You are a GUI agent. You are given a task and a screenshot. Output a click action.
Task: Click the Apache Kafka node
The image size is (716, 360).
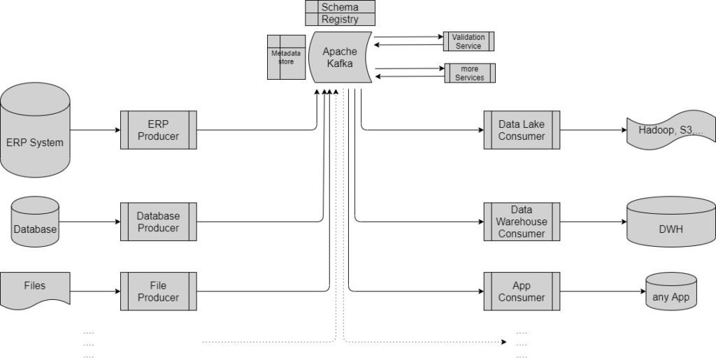pyautogui.click(x=341, y=57)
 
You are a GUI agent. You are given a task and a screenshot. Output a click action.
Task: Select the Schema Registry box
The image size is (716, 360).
pyautogui.click(x=341, y=13)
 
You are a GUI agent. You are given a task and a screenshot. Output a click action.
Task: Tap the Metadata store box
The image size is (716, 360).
pyautogui.click(x=286, y=57)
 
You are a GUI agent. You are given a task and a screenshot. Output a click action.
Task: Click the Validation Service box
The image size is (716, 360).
pyautogui.click(x=468, y=41)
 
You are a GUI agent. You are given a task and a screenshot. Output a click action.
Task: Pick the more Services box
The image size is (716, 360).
pyautogui.click(x=470, y=73)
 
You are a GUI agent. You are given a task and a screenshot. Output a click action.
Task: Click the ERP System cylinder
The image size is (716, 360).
pyautogui.click(x=35, y=130)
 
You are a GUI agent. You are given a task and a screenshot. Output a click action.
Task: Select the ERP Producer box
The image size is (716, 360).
pyautogui.click(x=159, y=130)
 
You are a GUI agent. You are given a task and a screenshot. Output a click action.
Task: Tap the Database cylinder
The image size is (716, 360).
pyautogui.click(x=35, y=222)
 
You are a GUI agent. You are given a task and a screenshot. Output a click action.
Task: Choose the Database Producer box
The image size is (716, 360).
pyautogui.click(x=159, y=222)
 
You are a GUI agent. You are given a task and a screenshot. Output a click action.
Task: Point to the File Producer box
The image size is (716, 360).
pyautogui.click(x=159, y=291)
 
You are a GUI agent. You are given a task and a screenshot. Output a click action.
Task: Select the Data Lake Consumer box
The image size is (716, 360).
pyautogui.click(x=522, y=130)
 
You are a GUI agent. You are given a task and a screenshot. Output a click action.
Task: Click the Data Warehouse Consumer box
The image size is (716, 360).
pyautogui.click(x=522, y=222)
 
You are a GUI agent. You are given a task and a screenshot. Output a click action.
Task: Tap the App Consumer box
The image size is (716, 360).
pyautogui.click(x=522, y=291)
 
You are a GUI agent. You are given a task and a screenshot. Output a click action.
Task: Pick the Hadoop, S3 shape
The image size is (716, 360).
pyautogui.click(x=671, y=130)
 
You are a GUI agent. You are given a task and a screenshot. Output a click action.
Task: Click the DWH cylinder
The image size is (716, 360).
pyautogui.click(x=671, y=222)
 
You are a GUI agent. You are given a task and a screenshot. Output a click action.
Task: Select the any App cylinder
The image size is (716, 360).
pyautogui.click(x=671, y=291)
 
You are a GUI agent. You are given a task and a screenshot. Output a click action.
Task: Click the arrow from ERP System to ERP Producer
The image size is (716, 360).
pyautogui.click(x=95, y=130)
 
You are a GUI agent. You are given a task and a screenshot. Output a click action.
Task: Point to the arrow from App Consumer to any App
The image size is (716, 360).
pyautogui.click(x=603, y=291)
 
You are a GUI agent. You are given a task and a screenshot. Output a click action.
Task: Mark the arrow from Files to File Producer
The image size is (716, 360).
pyautogui.click(x=95, y=291)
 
